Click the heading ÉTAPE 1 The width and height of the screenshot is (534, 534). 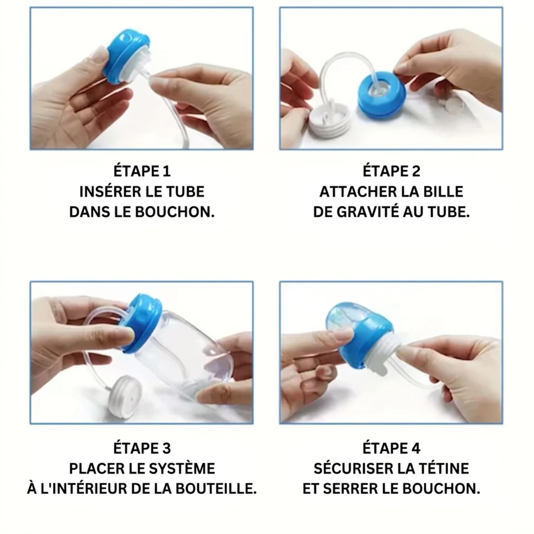(142, 171)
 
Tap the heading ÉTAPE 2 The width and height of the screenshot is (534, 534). (391, 171)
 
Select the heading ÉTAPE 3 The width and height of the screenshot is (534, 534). (142, 448)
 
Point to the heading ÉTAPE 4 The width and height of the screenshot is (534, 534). (391, 448)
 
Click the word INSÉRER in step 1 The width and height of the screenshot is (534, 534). (105, 192)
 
